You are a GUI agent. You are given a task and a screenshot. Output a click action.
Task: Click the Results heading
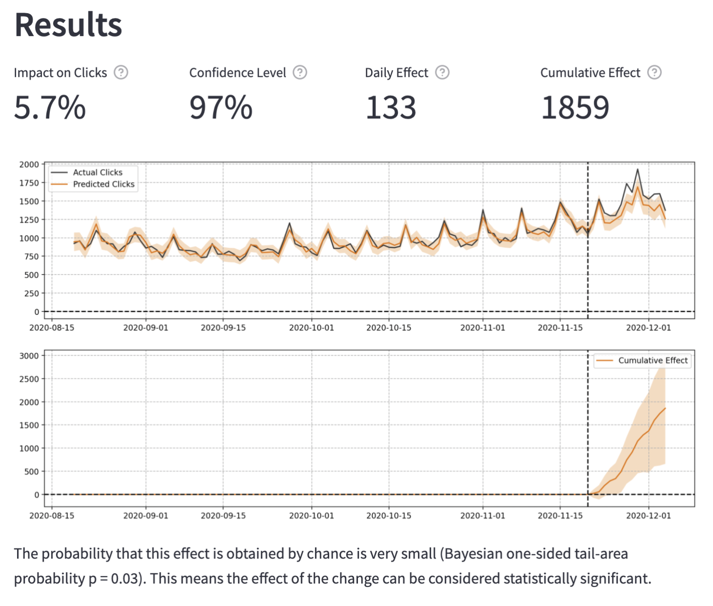pos(68,25)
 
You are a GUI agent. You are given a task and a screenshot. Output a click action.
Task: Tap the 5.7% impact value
pos(50,108)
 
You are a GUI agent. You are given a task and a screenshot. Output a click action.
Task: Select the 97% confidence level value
pos(221,108)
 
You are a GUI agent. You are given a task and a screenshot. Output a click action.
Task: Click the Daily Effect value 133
pos(391,108)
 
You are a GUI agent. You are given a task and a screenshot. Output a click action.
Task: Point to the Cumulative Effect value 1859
pos(575,108)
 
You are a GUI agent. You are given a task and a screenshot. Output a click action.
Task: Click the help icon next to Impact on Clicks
pos(121,72)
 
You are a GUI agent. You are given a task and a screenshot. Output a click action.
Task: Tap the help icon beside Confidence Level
pos(300,72)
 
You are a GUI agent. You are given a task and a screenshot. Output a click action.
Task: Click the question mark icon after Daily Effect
pos(442,72)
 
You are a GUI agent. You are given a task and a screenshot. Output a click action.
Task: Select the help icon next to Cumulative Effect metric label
pos(654,72)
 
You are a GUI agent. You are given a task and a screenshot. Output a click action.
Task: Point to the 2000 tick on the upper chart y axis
pos(29,165)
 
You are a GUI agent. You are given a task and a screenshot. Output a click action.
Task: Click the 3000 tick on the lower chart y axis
pos(29,356)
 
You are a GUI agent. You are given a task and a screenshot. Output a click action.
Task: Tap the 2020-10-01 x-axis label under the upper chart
pos(312,327)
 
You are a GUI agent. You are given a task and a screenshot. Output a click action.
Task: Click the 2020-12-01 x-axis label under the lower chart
pos(649,516)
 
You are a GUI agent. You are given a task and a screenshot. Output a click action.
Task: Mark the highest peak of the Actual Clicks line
pos(637,170)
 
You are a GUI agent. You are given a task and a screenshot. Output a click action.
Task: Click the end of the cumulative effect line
pos(665,408)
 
